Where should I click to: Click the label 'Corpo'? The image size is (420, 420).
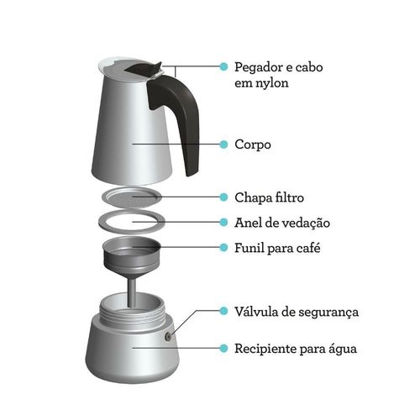(253, 144)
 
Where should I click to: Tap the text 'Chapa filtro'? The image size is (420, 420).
(269, 197)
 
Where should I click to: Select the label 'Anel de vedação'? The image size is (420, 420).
(282, 223)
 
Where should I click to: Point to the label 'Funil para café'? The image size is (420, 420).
(277, 248)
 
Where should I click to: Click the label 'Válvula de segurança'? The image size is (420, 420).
(297, 312)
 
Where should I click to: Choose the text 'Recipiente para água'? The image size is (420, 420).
(296, 349)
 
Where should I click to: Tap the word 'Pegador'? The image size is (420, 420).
(259, 67)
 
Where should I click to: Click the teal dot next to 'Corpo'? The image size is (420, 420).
(223, 144)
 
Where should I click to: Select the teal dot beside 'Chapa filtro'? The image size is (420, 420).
(223, 197)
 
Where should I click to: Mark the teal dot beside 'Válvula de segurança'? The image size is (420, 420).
(223, 311)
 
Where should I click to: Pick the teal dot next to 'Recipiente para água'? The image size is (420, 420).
(223, 348)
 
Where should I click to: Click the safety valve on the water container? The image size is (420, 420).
(168, 337)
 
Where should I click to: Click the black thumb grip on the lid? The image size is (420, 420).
(144, 69)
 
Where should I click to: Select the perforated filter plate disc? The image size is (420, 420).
(132, 197)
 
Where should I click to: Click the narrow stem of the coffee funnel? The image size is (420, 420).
(132, 291)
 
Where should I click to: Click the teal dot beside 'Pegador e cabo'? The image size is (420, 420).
(223, 66)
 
